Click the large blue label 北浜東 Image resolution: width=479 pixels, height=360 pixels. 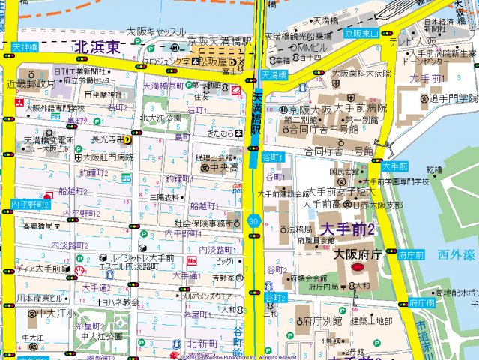point(98,47)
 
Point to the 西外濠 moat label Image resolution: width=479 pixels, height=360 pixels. point(454,255)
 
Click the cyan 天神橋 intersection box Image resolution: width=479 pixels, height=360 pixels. point(24,47)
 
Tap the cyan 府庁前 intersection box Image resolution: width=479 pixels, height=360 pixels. point(412,255)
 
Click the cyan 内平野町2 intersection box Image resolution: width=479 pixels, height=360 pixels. point(30,204)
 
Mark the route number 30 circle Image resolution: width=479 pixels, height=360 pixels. point(255,221)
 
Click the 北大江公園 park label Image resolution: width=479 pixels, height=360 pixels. point(160,118)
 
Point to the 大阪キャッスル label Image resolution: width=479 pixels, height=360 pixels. point(155,31)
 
